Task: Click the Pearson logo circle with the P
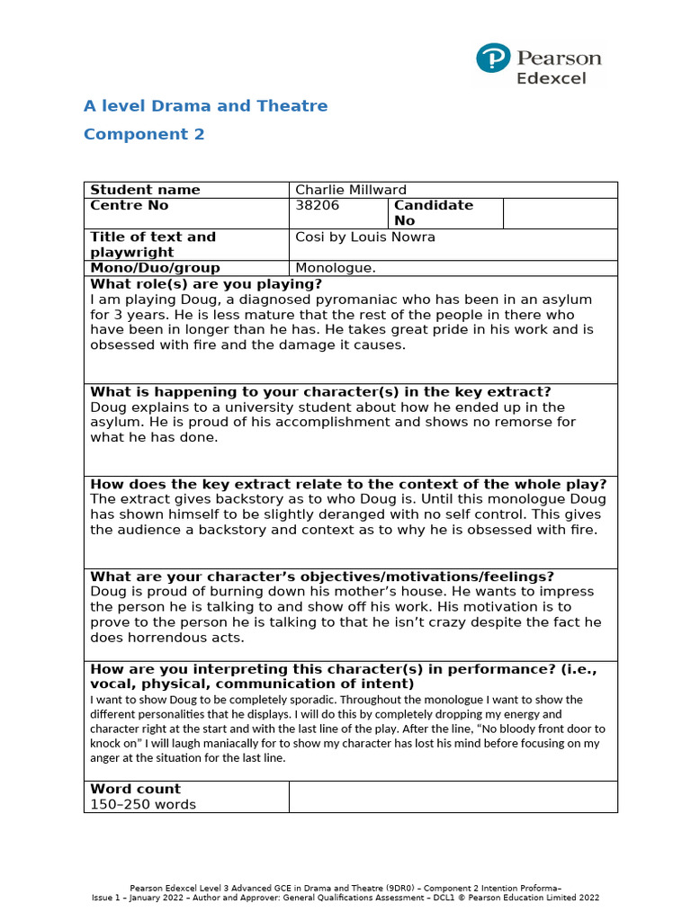pyautogui.click(x=493, y=59)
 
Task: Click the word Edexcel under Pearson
pyautogui.click(x=551, y=78)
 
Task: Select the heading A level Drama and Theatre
pyautogui.click(x=205, y=106)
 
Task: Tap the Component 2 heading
pyautogui.click(x=144, y=135)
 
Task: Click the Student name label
pyautogui.click(x=145, y=190)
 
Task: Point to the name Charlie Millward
pyautogui.click(x=351, y=190)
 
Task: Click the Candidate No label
pyautogui.click(x=433, y=212)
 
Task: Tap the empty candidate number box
pyautogui.click(x=560, y=213)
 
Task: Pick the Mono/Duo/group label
pyautogui.click(x=155, y=268)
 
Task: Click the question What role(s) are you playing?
pyautogui.click(x=205, y=284)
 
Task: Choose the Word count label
pyautogui.click(x=135, y=789)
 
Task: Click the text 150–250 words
pyautogui.click(x=143, y=804)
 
